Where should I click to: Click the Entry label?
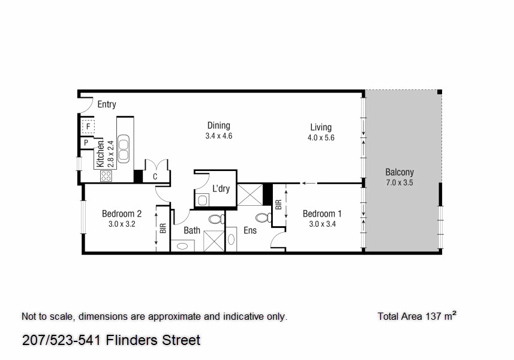coord(107,104)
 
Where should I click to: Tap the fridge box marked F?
coord(88,127)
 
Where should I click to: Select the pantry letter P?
coord(86,143)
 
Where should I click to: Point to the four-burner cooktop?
coord(106,176)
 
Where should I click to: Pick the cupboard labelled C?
coord(155,177)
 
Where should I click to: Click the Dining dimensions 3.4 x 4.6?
coord(218,136)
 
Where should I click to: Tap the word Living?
coord(321,127)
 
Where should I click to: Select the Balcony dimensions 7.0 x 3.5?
coord(399,183)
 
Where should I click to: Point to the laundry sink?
coord(203,200)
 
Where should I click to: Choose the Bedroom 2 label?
coord(122,214)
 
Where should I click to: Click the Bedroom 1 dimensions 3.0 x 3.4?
coord(322,224)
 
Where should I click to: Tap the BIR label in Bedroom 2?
coord(163,229)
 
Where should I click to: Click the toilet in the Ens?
coord(261,217)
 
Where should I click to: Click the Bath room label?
coord(192,230)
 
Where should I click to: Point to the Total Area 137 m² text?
coord(417,316)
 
